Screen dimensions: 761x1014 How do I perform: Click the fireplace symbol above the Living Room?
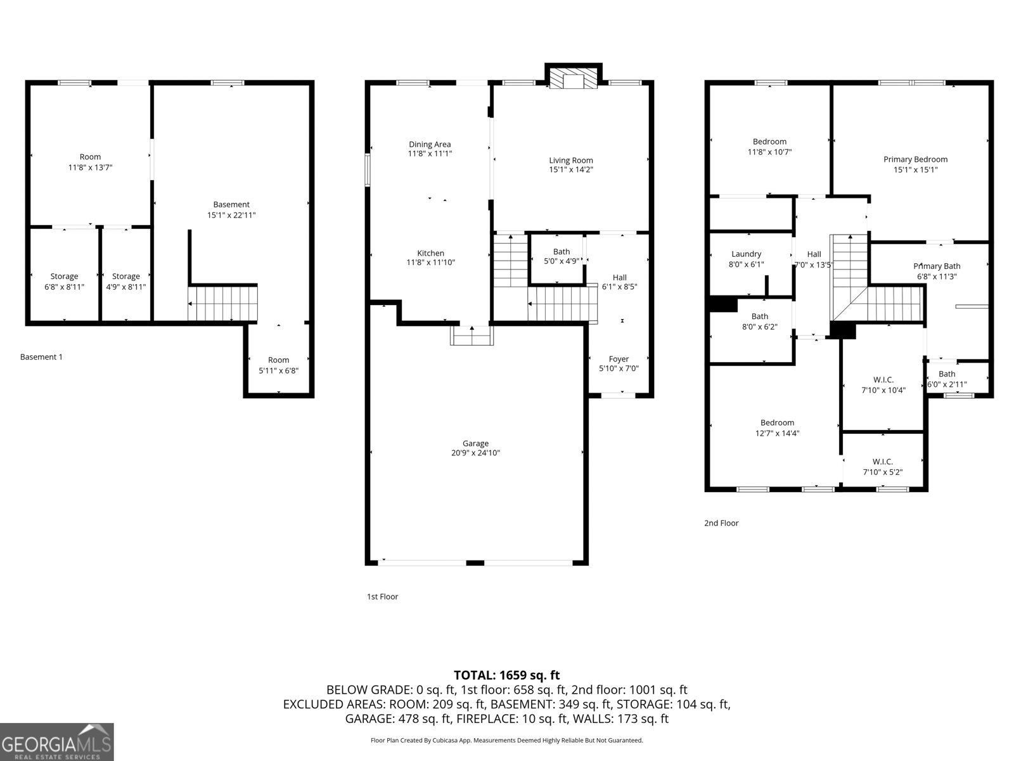574,79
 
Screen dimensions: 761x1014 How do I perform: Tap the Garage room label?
475,443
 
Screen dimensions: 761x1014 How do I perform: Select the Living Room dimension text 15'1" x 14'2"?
571,170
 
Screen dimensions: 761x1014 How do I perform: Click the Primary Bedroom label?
915,159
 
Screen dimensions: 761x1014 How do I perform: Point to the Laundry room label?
746,254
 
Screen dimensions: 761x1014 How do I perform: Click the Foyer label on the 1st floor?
619,359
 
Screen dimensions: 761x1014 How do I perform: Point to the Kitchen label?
430,253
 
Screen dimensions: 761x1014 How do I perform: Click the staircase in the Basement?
222,303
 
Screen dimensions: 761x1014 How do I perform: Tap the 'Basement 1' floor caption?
41,357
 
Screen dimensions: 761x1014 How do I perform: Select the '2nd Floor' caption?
721,523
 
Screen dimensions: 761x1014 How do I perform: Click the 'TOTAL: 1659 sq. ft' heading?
506,675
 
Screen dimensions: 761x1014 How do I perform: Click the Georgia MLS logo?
57,742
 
